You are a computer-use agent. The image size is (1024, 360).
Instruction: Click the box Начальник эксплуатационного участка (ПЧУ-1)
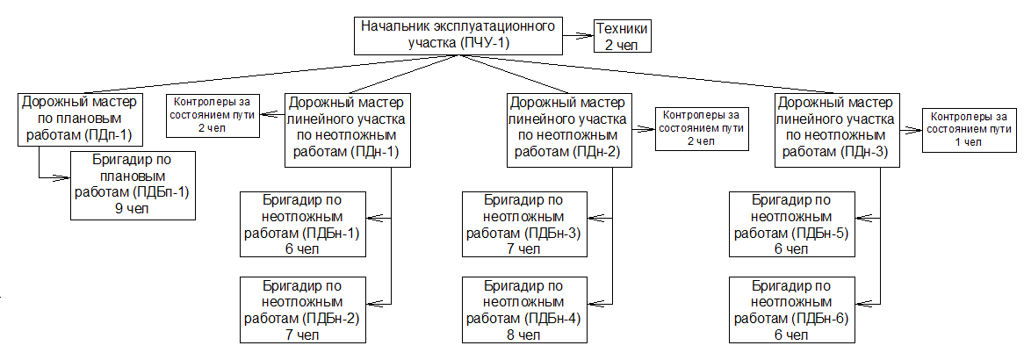click(x=458, y=34)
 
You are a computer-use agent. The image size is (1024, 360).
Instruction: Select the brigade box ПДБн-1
click(x=303, y=224)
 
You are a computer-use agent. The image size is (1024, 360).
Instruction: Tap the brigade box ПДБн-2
click(x=303, y=309)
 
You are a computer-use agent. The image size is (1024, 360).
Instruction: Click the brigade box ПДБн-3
click(x=525, y=224)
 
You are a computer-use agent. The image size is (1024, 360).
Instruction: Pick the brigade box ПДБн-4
click(x=525, y=309)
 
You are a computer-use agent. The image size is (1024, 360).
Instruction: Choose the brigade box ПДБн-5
click(x=792, y=224)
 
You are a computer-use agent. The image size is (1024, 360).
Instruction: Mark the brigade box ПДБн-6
click(x=792, y=309)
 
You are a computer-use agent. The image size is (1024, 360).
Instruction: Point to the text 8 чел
click(x=525, y=335)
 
